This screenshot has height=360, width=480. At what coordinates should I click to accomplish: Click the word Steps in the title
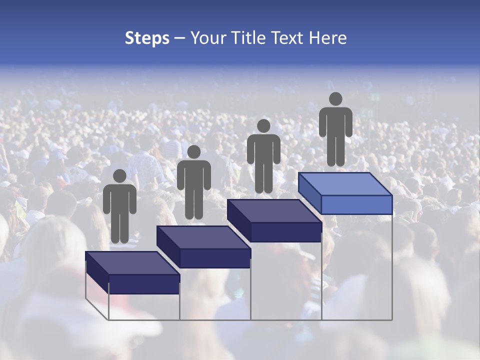[147, 38]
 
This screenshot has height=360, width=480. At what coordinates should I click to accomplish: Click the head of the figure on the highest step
[335, 99]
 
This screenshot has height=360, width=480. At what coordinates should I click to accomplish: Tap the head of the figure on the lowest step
[119, 176]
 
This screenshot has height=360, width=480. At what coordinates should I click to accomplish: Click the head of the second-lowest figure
[193, 152]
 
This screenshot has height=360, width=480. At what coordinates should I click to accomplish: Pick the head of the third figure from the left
[263, 125]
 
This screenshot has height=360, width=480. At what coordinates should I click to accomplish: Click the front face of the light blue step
[356, 204]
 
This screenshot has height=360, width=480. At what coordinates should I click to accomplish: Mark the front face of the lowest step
[144, 283]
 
